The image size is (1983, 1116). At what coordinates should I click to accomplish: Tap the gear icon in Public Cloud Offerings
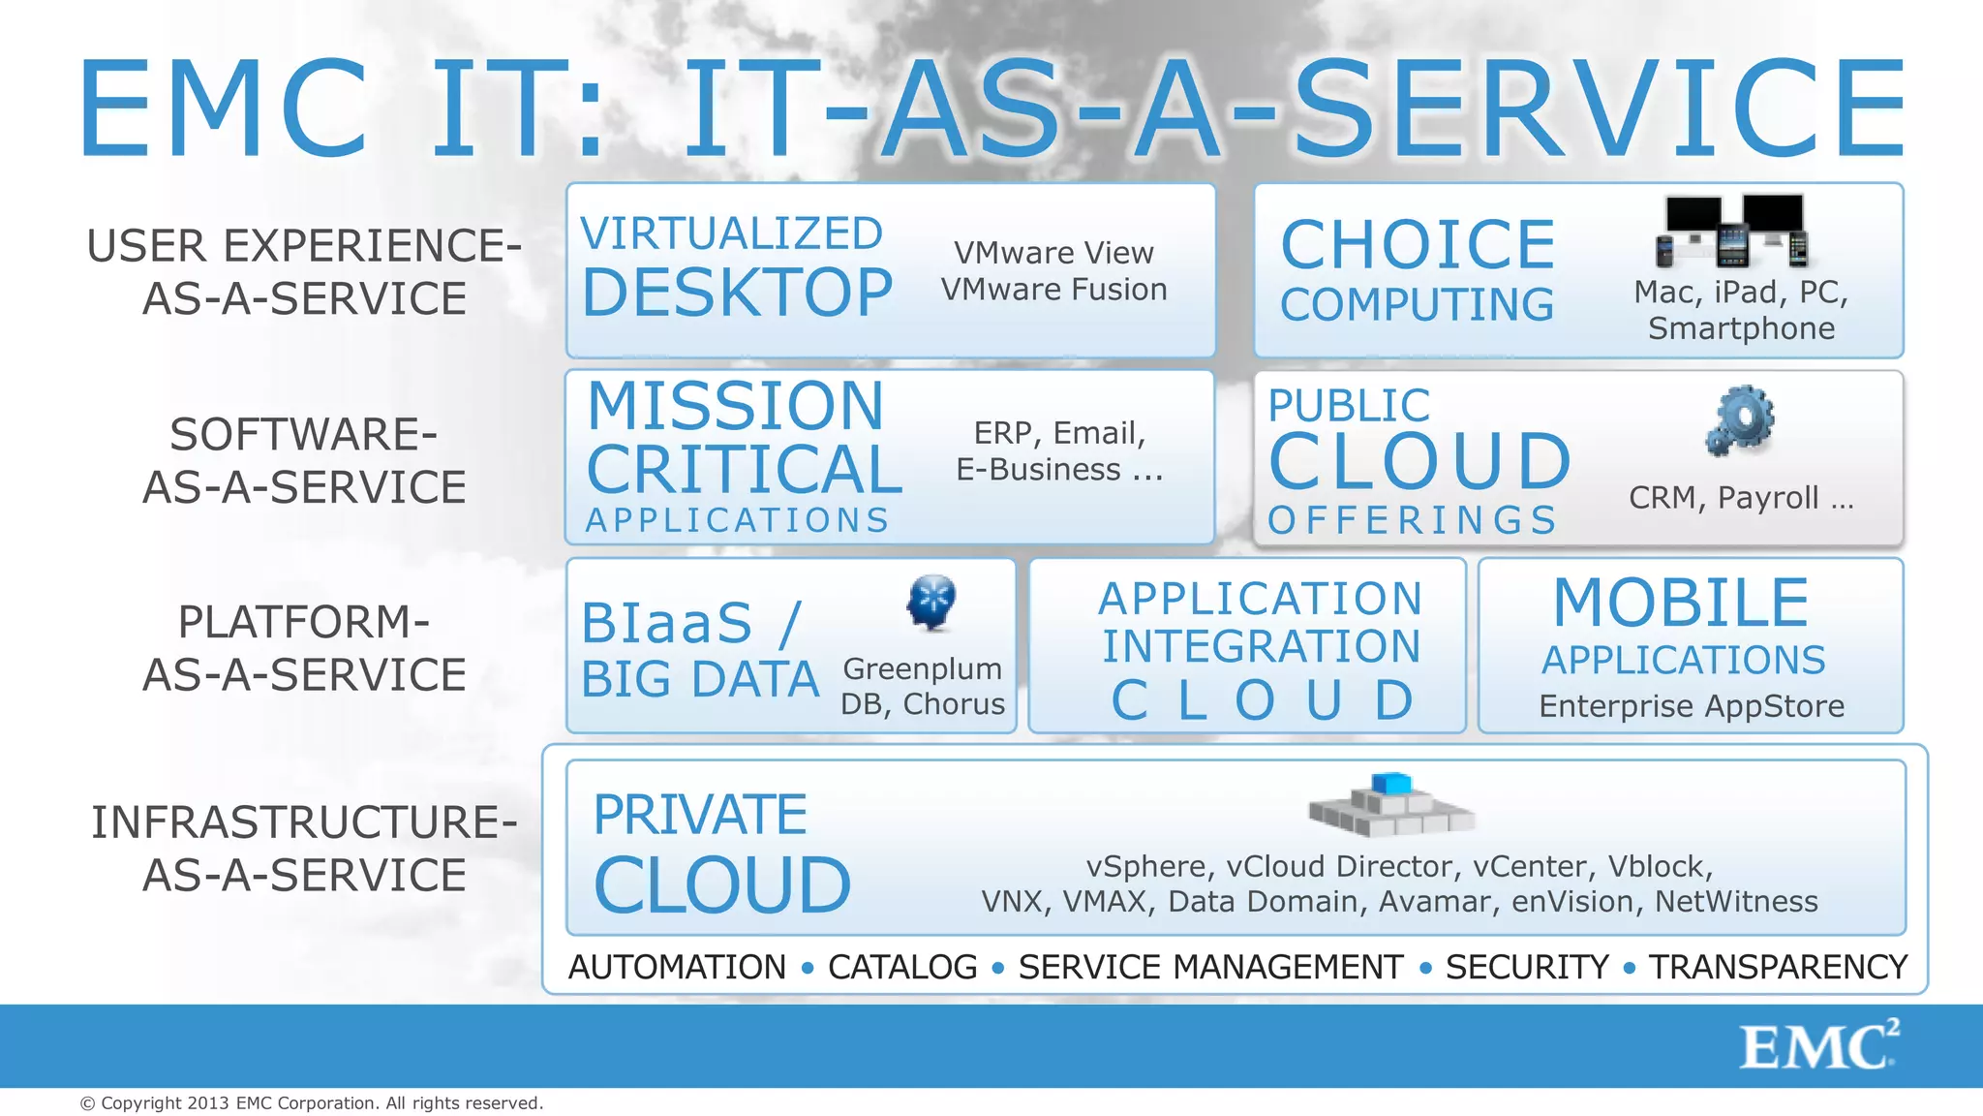pos(1740,420)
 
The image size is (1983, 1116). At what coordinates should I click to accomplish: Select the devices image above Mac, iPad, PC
pos(1731,231)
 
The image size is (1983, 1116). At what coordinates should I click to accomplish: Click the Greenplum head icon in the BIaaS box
pos(931,602)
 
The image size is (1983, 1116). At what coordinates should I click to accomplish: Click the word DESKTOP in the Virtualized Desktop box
pos(737,293)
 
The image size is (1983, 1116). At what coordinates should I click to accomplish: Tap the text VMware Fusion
pos(1053,290)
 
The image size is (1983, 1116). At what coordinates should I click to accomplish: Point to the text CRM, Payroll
pos(1740,498)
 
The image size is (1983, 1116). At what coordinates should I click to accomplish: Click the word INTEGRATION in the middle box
pos(1261,646)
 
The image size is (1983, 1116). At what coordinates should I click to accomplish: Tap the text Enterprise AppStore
pos(1691,706)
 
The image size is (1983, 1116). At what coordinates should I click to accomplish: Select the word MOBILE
pos(1681,603)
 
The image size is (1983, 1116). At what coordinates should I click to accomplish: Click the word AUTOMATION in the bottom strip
pos(677,967)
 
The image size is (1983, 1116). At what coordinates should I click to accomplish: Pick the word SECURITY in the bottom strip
pos(1527,967)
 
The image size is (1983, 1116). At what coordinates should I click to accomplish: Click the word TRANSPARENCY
pos(1778,967)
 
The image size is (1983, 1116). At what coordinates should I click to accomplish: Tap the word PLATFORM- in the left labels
pos(304,622)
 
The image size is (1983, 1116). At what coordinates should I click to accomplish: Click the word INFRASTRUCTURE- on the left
pos(304,822)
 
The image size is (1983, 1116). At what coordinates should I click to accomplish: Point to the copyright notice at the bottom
pos(312,1103)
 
